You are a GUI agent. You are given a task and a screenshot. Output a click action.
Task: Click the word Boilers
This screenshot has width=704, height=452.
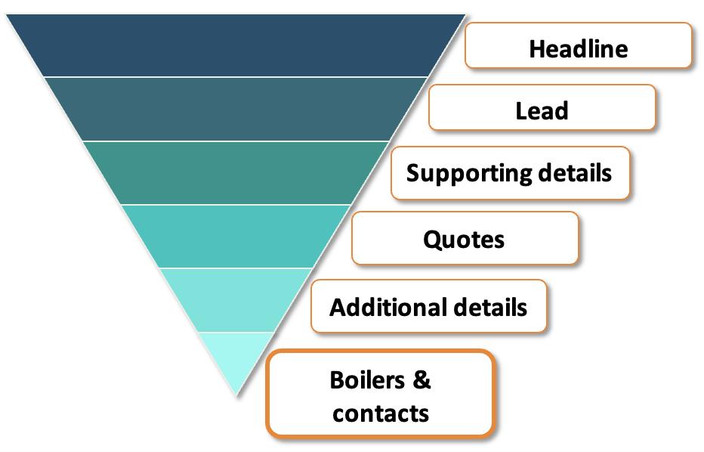367,379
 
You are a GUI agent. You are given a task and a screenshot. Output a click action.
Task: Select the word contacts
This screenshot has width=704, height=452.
381,413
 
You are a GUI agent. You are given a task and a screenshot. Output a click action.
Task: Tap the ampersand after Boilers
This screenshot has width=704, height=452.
421,379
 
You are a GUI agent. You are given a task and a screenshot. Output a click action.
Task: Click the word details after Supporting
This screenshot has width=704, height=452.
574,173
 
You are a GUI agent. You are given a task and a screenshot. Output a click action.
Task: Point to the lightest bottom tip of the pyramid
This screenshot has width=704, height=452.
236,355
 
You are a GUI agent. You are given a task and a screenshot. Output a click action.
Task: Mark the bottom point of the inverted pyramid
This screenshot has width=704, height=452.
236,393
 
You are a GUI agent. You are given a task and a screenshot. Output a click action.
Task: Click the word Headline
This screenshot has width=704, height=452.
578,49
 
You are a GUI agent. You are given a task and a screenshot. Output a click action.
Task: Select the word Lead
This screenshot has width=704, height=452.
542,111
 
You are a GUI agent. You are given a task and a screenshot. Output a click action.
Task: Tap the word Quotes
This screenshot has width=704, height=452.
464,240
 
